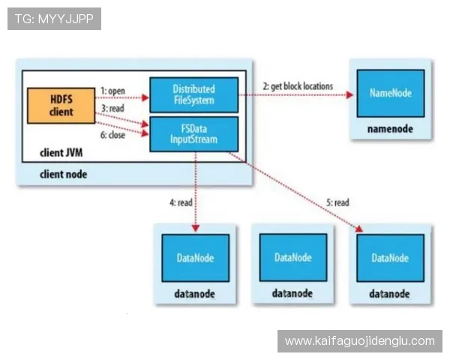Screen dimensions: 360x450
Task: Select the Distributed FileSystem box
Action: point(193,94)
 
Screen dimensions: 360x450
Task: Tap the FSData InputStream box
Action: point(193,133)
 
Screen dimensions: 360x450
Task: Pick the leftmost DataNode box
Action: point(195,257)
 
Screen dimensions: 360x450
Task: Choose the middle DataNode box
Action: point(292,257)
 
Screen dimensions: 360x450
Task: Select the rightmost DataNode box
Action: point(391,257)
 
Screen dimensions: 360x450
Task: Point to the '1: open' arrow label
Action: point(112,91)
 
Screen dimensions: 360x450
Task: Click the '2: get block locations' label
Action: point(298,86)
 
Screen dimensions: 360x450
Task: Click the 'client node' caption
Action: point(63,174)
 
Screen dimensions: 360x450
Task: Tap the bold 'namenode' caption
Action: point(390,129)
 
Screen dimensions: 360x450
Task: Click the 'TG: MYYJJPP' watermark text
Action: point(54,18)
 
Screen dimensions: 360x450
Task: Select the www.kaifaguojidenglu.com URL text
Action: point(360,341)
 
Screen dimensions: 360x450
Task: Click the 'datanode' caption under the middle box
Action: point(292,293)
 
